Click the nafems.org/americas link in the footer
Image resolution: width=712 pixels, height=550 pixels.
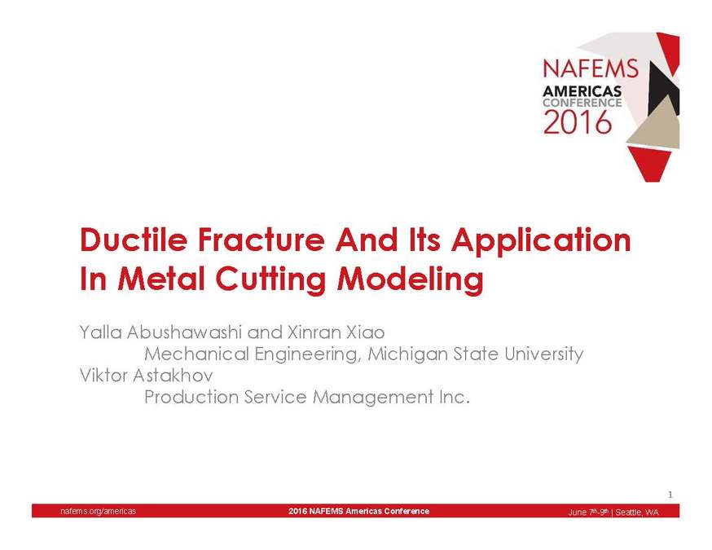point(98,511)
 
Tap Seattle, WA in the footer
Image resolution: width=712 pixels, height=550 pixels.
point(637,512)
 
